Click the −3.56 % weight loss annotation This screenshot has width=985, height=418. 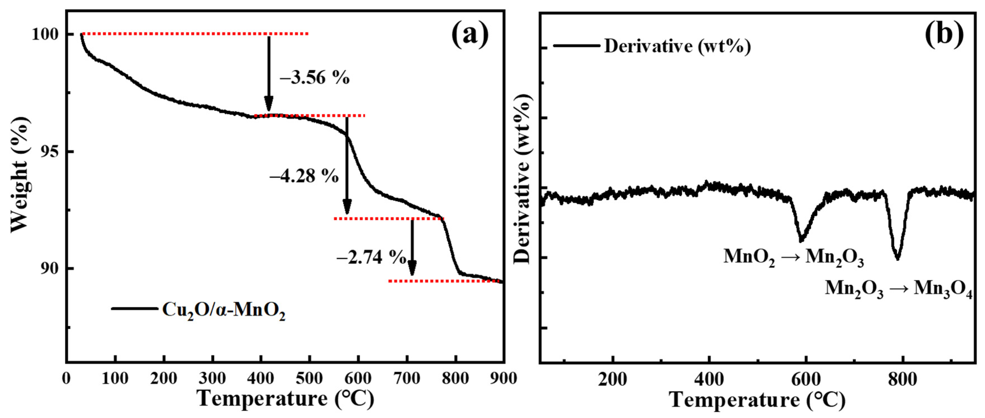click(x=315, y=78)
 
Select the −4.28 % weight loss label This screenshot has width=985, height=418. click(x=304, y=176)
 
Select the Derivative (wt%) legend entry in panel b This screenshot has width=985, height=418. click(x=677, y=46)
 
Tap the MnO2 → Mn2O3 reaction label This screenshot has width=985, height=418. click(x=794, y=256)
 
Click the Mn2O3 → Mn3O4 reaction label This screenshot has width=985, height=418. click(x=898, y=289)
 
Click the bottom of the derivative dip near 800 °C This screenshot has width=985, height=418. click(x=897, y=259)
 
